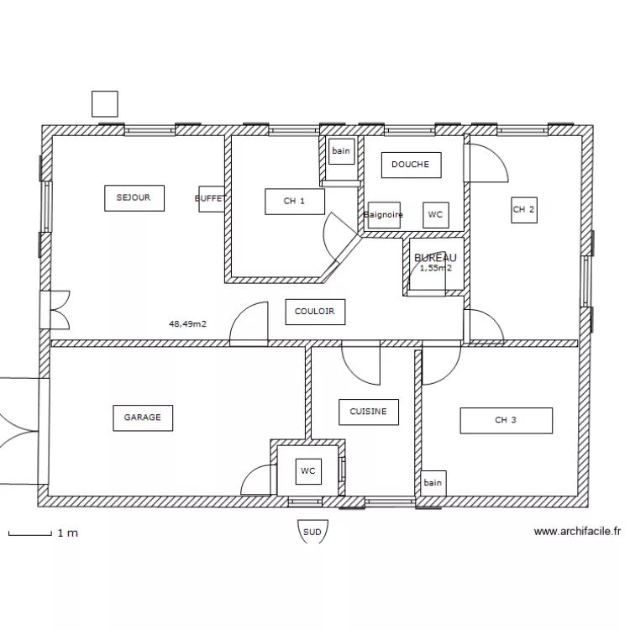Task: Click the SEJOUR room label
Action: [134, 197]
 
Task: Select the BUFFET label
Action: [210, 198]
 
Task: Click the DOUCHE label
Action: [410, 165]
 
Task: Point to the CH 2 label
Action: [523, 210]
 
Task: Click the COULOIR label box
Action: [315, 311]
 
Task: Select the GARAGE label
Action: [143, 417]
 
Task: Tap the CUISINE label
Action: [368, 412]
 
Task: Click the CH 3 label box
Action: [506, 420]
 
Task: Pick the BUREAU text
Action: [435, 257]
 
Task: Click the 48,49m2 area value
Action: [188, 323]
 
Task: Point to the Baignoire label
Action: [384, 215]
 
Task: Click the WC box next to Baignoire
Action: [435, 215]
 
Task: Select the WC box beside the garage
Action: [308, 472]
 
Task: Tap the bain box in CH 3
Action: [433, 483]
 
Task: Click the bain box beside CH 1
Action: [340, 151]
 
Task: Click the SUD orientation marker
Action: [312, 532]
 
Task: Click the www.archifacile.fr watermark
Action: [578, 531]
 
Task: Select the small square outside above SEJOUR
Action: [105, 103]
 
